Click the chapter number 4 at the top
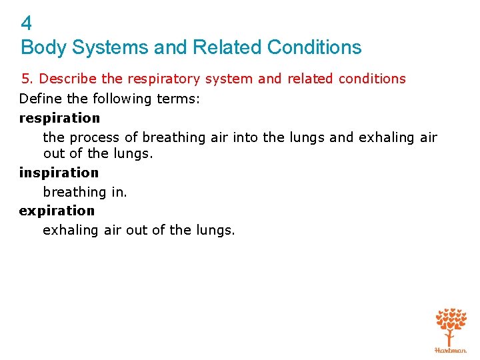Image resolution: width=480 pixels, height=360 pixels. click(x=27, y=24)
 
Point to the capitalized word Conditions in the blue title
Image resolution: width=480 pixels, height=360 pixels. click(x=314, y=47)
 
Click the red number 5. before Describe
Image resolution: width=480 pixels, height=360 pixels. click(x=27, y=79)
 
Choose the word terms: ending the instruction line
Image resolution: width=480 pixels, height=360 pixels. click(x=180, y=99)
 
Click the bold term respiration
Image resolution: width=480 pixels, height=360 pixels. click(x=59, y=119)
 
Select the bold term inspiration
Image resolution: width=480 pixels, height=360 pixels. click(x=59, y=173)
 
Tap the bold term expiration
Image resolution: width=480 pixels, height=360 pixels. click(x=57, y=211)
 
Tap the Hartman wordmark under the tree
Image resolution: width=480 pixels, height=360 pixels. click(x=451, y=349)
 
